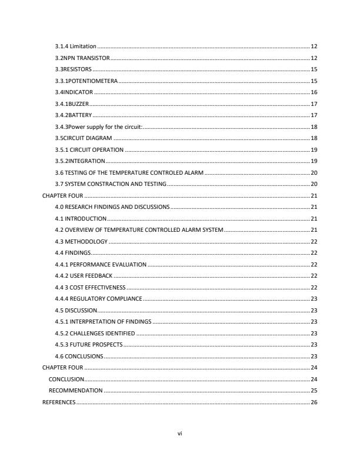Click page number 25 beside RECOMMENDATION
(x=314, y=390)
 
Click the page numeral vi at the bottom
(x=180, y=434)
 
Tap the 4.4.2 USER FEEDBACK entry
(x=84, y=275)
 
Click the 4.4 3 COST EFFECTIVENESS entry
(x=90, y=287)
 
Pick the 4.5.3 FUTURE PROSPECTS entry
(x=89, y=344)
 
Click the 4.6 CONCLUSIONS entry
(x=79, y=356)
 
